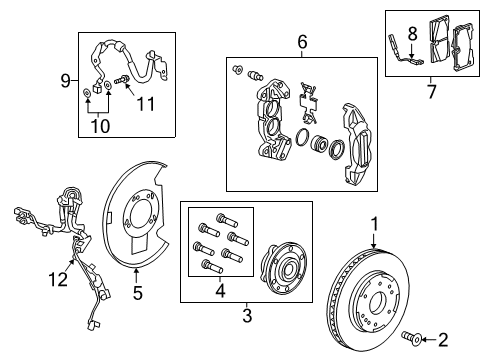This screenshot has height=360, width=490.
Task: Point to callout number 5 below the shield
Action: point(139,293)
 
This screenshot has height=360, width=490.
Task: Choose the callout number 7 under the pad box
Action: point(432,92)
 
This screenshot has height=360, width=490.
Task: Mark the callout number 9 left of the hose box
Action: point(67,79)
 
